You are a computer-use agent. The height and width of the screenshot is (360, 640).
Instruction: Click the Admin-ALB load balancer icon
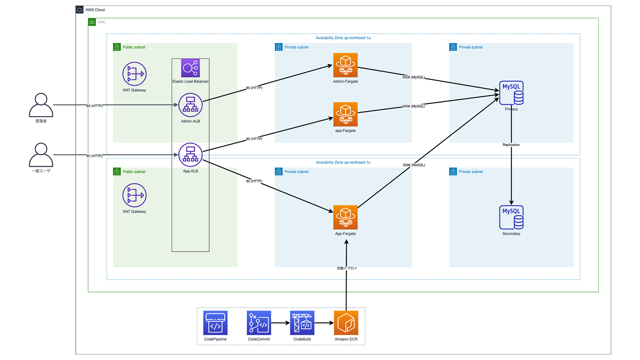(x=190, y=105)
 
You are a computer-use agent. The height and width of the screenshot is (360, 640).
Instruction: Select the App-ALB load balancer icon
(x=190, y=155)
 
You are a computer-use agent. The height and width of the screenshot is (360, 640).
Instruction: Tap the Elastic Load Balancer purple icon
(x=190, y=68)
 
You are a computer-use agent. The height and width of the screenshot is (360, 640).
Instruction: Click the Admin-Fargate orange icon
(x=345, y=65)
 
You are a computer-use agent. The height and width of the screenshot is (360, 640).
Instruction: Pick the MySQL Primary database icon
(x=511, y=93)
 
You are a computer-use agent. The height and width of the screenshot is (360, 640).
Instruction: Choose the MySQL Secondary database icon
(x=511, y=217)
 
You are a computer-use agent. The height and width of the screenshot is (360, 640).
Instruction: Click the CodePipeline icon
(x=215, y=323)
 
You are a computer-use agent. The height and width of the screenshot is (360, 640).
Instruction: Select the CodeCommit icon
(x=259, y=323)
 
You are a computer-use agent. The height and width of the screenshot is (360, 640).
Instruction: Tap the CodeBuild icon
(x=302, y=323)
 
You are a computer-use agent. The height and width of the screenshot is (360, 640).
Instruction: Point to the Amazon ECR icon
(x=346, y=323)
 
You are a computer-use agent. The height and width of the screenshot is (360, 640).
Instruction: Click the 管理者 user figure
(x=41, y=105)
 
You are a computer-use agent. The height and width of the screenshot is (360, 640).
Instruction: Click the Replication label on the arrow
(x=511, y=145)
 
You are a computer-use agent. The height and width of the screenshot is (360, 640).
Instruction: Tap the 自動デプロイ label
(x=346, y=268)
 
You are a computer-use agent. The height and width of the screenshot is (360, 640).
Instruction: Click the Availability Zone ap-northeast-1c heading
(x=343, y=162)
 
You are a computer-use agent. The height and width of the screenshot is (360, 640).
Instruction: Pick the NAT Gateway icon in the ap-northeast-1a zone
(x=134, y=74)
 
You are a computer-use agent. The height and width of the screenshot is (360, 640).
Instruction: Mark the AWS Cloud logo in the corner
(x=80, y=10)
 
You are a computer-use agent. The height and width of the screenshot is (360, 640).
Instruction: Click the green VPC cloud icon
(x=92, y=22)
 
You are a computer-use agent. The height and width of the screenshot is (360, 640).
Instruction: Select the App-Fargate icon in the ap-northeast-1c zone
(x=345, y=217)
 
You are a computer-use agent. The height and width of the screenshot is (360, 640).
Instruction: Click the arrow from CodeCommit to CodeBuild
(x=280, y=323)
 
